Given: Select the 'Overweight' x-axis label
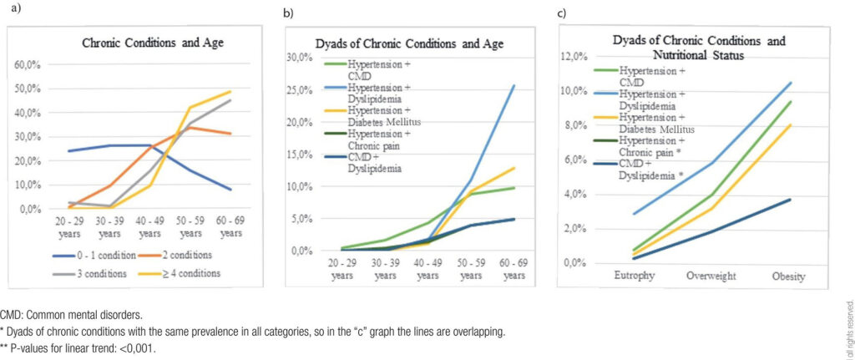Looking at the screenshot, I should (714, 275).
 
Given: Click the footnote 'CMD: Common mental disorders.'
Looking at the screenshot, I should (70, 316).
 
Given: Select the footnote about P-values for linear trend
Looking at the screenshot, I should (78, 348).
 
